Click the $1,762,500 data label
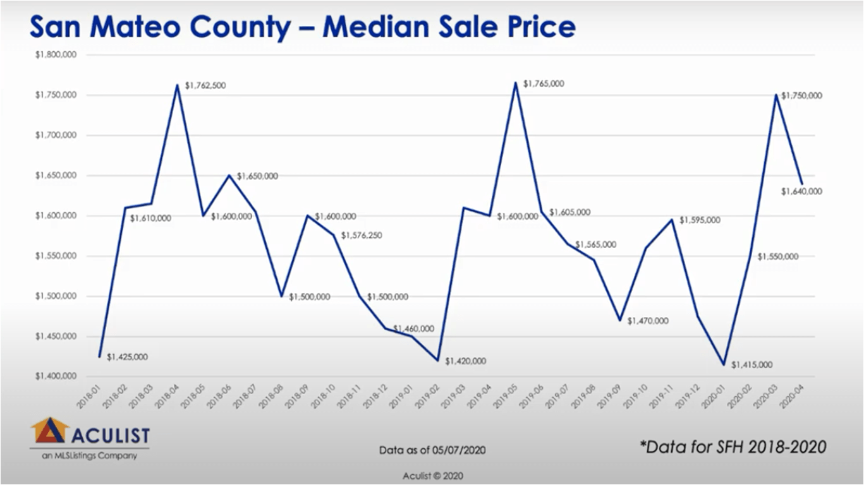coord(205,86)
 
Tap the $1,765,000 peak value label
coord(544,84)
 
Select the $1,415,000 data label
coord(752,365)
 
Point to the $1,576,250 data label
coord(362,236)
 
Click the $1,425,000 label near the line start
coord(127,357)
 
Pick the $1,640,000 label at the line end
coord(801,191)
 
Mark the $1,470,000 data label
coord(648,321)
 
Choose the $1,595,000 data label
coord(700,220)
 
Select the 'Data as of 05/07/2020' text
coord(432,450)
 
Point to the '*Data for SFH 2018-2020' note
coord(733,447)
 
